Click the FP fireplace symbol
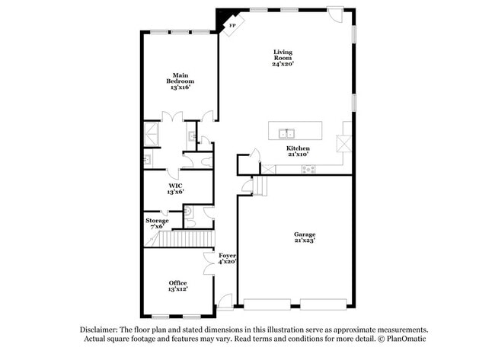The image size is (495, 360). tap(232, 24)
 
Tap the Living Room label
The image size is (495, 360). tap(283, 58)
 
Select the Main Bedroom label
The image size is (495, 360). tap(180, 81)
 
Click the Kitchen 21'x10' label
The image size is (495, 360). tap(298, 151)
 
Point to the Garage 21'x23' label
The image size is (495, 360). tap(305, 237)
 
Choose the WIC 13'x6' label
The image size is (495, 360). tap(175, 188)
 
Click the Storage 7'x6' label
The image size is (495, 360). tap(157, 223)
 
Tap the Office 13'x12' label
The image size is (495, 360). tap(177, 285)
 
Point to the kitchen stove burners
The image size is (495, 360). tap(308, 169)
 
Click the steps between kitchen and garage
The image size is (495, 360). tap(261, 185)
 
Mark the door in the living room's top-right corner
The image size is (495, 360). tap(335, 15)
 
